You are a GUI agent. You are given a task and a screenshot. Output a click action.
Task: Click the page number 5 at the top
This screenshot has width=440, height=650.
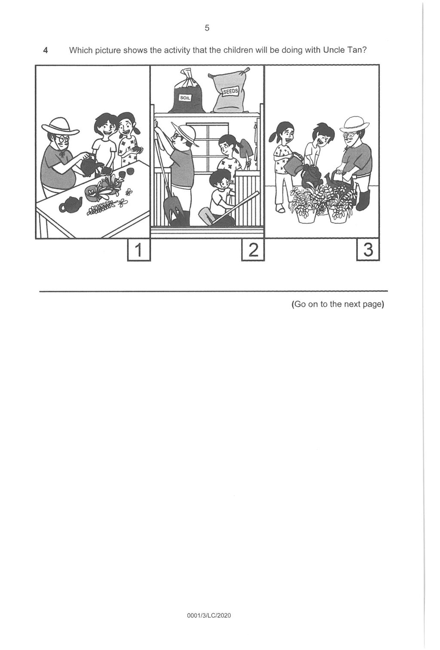click(207, 28)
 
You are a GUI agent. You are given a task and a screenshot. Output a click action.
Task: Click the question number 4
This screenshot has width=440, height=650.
click(45, 50)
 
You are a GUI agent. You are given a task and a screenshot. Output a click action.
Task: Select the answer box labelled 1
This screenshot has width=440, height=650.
click(139, 250)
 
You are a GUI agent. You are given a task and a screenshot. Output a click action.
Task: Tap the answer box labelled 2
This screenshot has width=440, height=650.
click(253, 250)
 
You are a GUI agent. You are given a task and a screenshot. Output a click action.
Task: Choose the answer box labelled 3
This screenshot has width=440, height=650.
click(368, 250)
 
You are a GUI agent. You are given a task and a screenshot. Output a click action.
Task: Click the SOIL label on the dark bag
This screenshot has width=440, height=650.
click(185, 98)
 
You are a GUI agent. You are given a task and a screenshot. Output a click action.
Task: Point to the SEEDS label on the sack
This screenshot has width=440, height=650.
click(230, 92)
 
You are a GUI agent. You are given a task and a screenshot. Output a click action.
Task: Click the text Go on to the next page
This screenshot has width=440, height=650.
click(337, 304)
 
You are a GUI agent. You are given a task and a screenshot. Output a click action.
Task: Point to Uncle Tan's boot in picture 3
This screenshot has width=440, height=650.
click(363, 200)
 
